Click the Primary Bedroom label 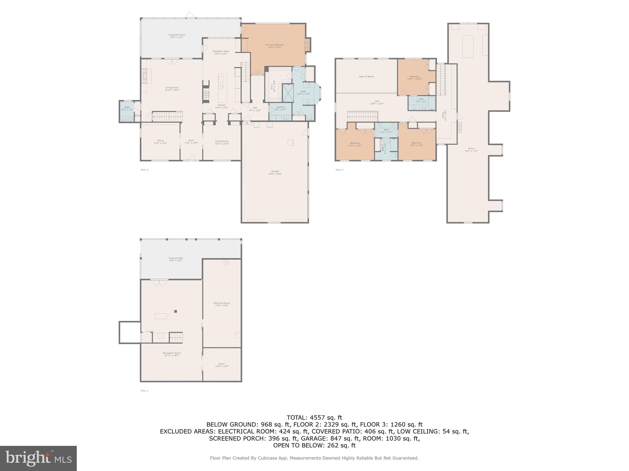(275, 46)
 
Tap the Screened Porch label (177, 36)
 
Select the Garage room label (275, 172)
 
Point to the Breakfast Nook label (221, 52)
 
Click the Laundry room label (280, 108)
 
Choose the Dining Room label (222, 142)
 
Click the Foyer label (191, 141)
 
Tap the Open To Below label (366, 76)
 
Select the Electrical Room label (222, 304)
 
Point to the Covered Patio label (176, 259)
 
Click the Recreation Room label (172, 354)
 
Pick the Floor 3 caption (339, 170)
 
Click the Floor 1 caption (144, 391)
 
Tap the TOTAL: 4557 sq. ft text (314, 417)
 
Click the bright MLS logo (38, 458)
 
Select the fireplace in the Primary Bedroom (307, 45)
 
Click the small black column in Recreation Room (176, 311)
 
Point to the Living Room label (172, 89)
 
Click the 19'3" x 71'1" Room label (471, 150)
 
